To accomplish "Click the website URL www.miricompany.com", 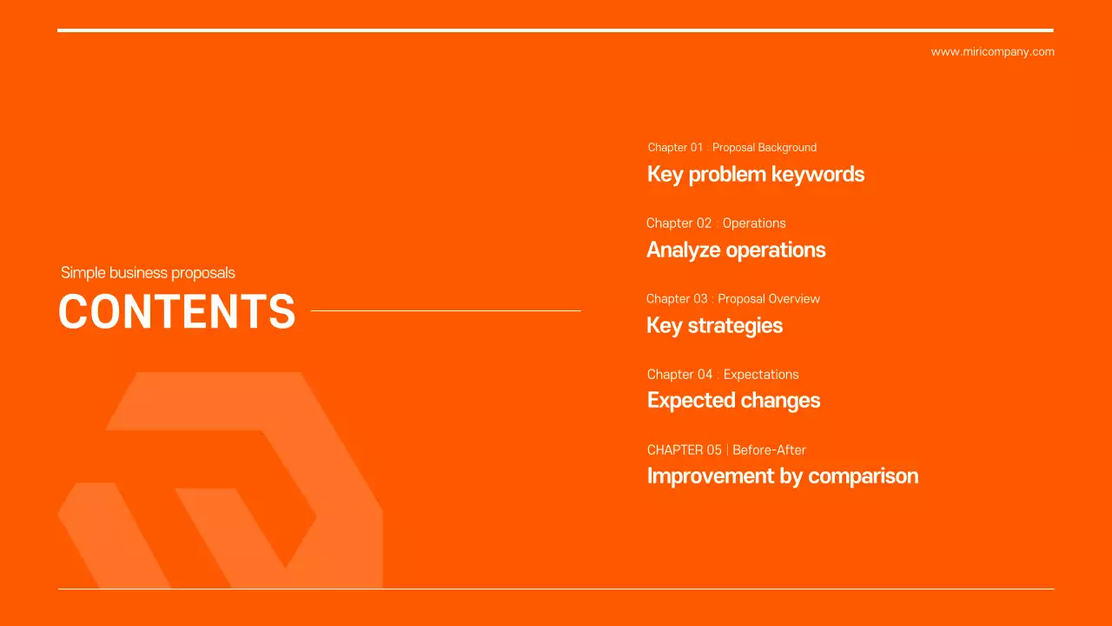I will pyautogui.click(x=992, y=52).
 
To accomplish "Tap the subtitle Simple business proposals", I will pyautogui.click(x=148, y=273).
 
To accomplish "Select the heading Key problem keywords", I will pyautogui.click(x=755, y=174).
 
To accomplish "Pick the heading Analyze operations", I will pyautogui.click(x=736, y=250).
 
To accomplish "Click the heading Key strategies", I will pyautogui.click(x=714, y=326).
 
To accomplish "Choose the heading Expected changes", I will pyautogui.click(x=733, y=401).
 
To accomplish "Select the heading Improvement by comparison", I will pyautogui.click(x=782, y=476).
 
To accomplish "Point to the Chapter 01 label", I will pyautogui.click(x=675, y=148).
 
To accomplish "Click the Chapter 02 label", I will pyautogui.click(x=678, y=223).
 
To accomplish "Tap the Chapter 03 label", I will pyautogui.click(x=677, y=299).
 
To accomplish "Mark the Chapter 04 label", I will pyautogui.click(x=679, y=375).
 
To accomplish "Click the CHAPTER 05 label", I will pyautogui.click(x=684, y=450).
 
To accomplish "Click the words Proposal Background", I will pyautogui.click(x=764, y=148).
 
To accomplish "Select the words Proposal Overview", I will pyautogui.click(x=769, y=299).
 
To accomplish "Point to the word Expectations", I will pyautogui.click(x=761, y=375).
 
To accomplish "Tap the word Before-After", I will pyautogui.click(x=769, y=450).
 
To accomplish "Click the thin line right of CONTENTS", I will pyautogui.click(x=446, y=310).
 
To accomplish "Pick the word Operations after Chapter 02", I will pyautogui.click(x=754, y=223).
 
